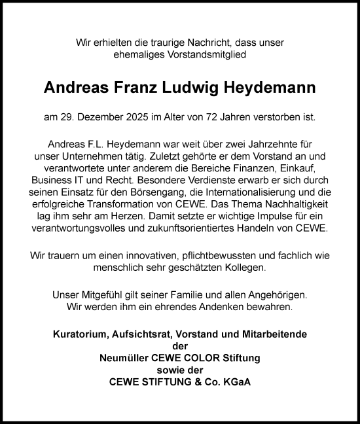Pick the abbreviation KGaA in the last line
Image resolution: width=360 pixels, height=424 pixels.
(233, 381)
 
